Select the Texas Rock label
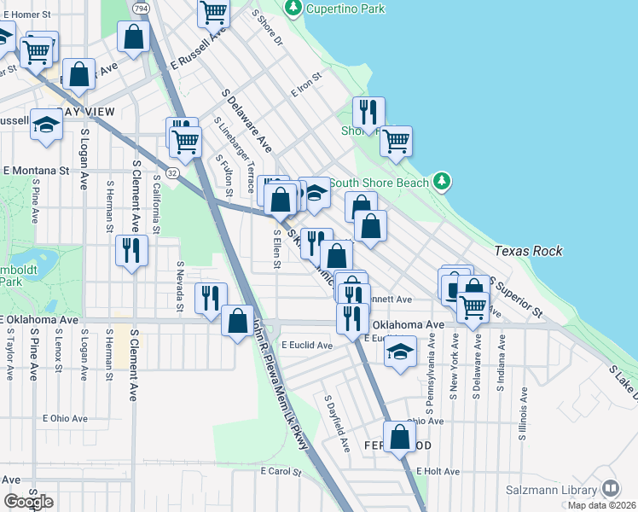click(528, 251)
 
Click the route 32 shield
click(173, 172)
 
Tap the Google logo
click(28, 502)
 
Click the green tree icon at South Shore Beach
click(441, 181)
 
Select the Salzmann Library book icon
click(610, 489)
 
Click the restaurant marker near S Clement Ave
click(130, 250)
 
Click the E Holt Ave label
click(438, 471)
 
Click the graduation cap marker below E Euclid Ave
click(399, 352)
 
